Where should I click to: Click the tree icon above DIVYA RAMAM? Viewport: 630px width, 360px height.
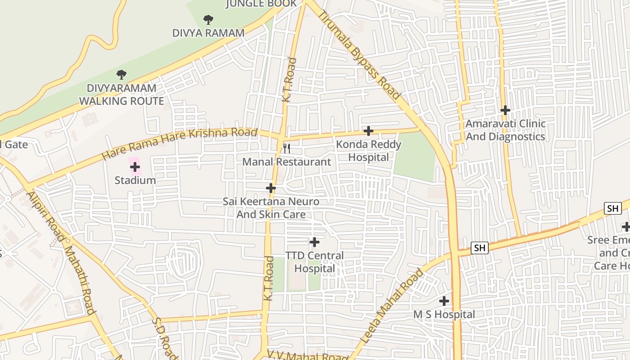pyautogui.click(x=208, y=19)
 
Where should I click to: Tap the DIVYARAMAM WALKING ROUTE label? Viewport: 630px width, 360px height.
pyautogui.click(x=121, y=94)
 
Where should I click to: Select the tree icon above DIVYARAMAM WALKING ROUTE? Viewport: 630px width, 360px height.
pyautogui.click(x=121, y=74)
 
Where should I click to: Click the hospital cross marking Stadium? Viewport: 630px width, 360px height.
pyautogui.click(x=135, y=167)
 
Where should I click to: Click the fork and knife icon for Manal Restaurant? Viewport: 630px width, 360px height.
pyautogui.click(x=286, y=148)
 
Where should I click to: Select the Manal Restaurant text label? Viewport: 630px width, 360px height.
pyautogui.click(x=287, y=162)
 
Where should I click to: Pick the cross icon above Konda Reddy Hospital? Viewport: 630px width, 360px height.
pyautogui.click(x=368, y=131)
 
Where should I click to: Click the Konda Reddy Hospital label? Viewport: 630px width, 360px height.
pyautogui.click(x=369, y=151)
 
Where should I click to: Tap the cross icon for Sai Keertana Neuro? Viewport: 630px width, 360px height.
pyautogui.click(x=270, y=188)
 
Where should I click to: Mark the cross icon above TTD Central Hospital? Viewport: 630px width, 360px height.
pyautogui.click(x=314, y=242)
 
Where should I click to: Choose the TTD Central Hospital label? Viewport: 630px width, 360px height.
pyautogui.click(x=315, y=262)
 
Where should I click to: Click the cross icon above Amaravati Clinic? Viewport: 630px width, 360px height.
pyautogui.click(x=505, y=110)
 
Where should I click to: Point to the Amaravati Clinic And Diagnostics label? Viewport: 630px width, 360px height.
pyautogui.click(x=505, y=130)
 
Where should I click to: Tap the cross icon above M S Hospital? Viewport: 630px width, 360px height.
pyautogui.click(x=444, y=301)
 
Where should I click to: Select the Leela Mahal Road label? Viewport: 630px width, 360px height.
pyautogui.click(x=392, y=306)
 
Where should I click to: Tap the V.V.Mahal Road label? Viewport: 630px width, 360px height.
pyautogui.click(x=307, y=355)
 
